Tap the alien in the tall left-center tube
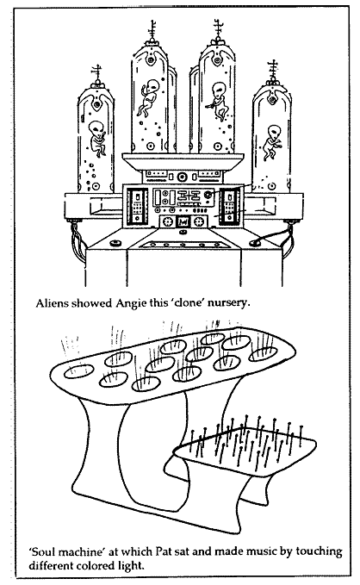click(x=147, y=97)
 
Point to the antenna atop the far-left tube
click(x=97, y=74)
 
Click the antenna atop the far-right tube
click(x=273, y=70)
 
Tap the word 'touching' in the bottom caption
click(x=319, y=552)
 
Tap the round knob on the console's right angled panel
click(x=255, y=242)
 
